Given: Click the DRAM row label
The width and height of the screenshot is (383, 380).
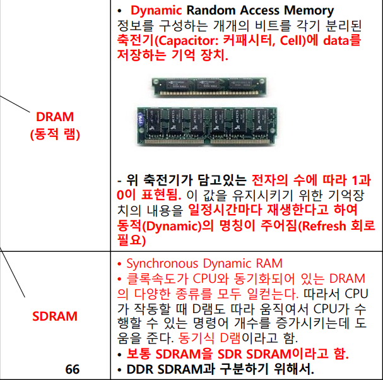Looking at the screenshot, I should (x=55, y=116).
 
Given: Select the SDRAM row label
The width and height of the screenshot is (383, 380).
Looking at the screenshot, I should (x=55, y=316).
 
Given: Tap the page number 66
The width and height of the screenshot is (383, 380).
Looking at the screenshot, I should (x=73, y=369).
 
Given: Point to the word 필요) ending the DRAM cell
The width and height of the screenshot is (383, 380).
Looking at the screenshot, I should (x=132, y=240).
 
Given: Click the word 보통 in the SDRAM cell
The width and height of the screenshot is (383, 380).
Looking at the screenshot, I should (x=140, y=353).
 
